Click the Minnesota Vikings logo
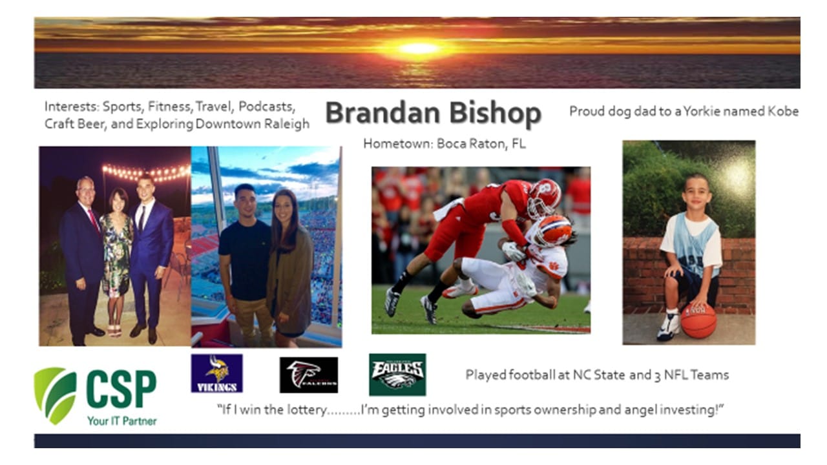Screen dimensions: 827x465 click(x=216, y=373)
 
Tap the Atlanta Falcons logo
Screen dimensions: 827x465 click(x=309, y=375)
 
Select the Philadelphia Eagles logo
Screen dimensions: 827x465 click(x=397, y=375)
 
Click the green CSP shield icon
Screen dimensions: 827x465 click(x=56, y=395)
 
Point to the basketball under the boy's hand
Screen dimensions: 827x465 click(x=698, y=320)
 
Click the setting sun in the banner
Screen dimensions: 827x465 click(x=419, y=48)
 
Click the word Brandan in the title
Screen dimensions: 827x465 click(x=384, y=112)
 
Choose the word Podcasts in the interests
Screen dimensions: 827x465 click(x=267, y=107)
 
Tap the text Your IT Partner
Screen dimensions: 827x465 click(x=122, y=420)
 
